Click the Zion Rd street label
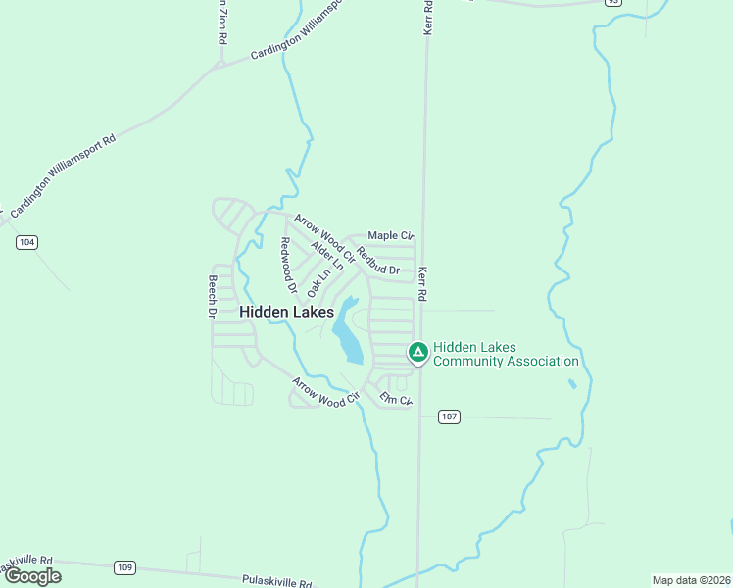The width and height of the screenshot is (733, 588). click(222, 22)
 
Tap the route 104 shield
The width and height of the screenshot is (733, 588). click(27, 242)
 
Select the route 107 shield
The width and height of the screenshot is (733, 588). click(449, 416)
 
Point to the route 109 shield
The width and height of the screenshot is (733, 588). click(124, 567)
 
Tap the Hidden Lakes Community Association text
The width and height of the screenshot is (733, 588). click(506, 354)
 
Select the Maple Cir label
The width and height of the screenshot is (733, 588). click(391, 236)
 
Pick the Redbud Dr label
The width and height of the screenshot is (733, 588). click(379, 261)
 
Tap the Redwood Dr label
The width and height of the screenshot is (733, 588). click(288, 267)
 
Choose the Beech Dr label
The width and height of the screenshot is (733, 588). click(211, 296)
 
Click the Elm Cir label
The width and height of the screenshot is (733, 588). click(397, 399)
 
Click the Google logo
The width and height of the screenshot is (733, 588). click(32, 576)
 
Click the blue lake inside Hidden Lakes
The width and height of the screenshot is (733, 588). click(347, 335)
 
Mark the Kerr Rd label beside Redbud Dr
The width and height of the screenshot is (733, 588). click(423, 284)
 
